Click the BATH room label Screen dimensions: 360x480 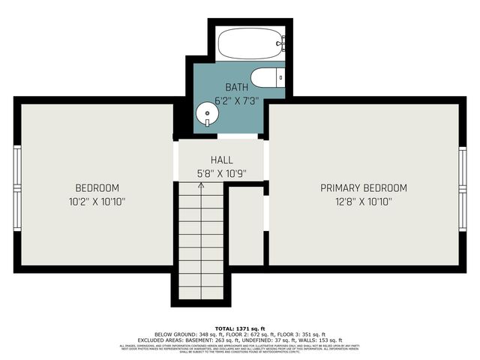tap(237, 88)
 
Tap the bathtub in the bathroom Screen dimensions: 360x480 tap(251, 43)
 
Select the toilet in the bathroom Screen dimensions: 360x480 tap(264, 77)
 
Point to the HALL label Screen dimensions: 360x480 tap(221, 160)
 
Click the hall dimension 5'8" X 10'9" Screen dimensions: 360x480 tap(221, 173)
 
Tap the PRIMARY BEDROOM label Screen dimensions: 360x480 tap(364, 187)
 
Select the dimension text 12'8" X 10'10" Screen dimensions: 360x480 tap(364, 201)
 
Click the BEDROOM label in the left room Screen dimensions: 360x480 tap(97, 187)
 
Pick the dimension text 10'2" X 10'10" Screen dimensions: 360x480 tap(97, 201)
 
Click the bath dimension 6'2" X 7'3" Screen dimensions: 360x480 tap(237, 100)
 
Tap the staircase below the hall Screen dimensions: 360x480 tap(201, 240)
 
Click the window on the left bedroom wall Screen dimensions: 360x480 tap(16, 180)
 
